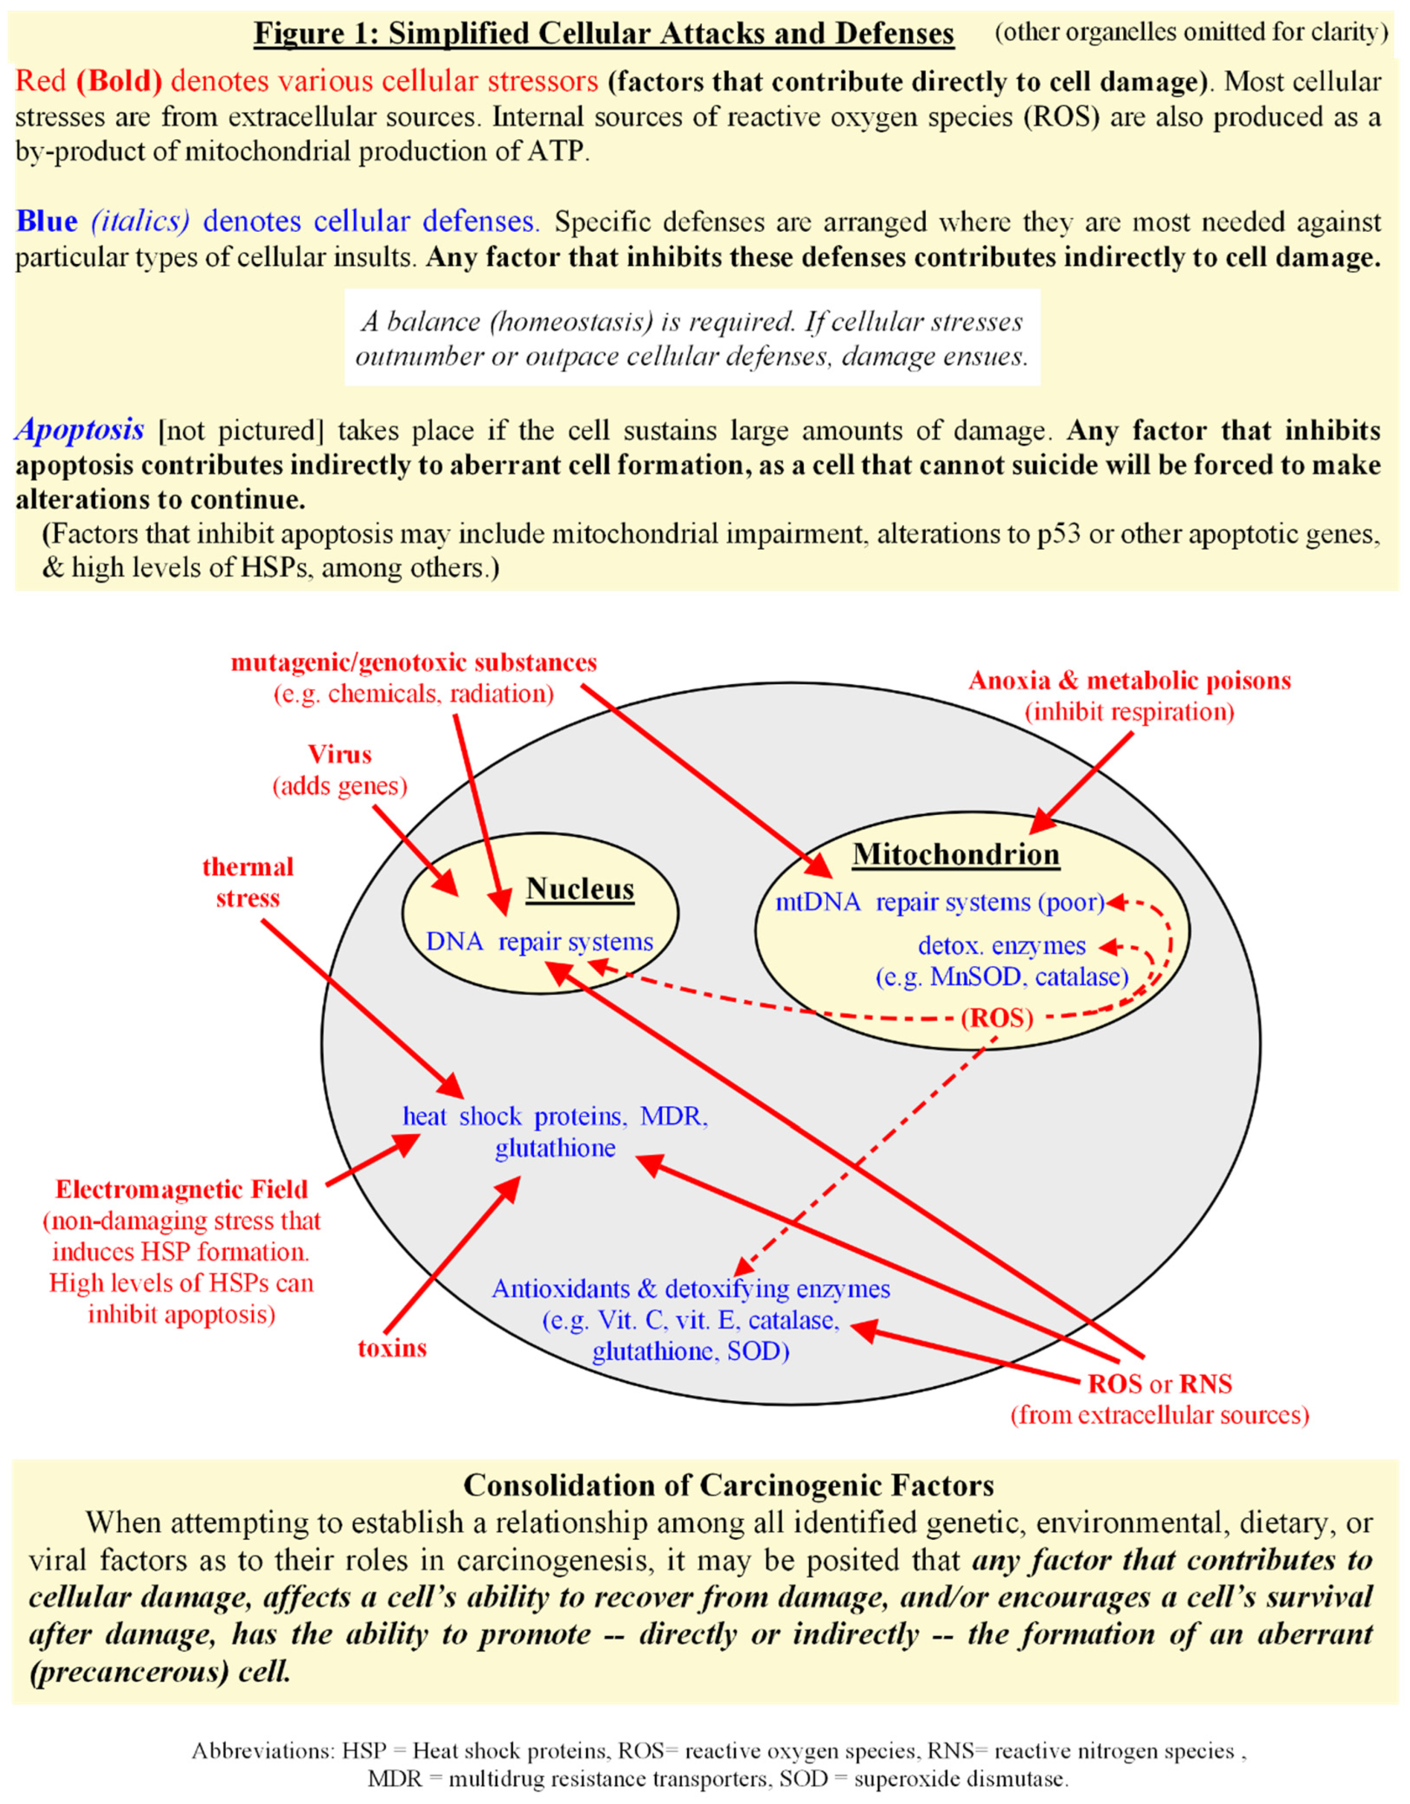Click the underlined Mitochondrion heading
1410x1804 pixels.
tap(956, 853)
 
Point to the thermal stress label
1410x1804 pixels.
tap(248, 882)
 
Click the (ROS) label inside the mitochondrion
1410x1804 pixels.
tap(997, 1018)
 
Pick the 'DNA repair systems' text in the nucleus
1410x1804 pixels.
tap(540, 941)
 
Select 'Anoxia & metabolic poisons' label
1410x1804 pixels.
tap(1129, 681)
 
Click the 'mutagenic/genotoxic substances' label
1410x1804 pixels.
tap(414, 662)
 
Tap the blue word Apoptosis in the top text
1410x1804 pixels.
tap(80, 429)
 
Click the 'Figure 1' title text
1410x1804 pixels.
tap(603, 33)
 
